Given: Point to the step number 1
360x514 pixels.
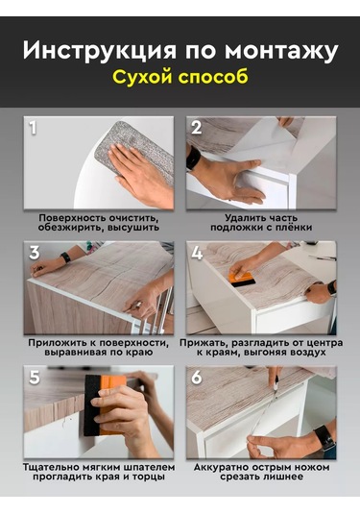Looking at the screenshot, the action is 33,128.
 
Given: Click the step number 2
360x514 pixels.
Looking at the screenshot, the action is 196,128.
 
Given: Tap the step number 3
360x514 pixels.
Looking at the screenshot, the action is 35,253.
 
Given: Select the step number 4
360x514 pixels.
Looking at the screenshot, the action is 197,253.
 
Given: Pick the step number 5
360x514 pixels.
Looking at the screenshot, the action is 35,378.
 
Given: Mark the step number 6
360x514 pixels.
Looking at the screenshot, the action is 197,378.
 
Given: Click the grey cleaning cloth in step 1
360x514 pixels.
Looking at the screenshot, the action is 134,149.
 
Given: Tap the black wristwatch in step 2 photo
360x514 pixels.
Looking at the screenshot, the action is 193,158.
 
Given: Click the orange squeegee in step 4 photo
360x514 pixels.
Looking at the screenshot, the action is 242,280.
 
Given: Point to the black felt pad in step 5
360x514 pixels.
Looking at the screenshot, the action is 92,404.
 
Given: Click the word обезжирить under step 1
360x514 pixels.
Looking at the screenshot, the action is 68,228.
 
